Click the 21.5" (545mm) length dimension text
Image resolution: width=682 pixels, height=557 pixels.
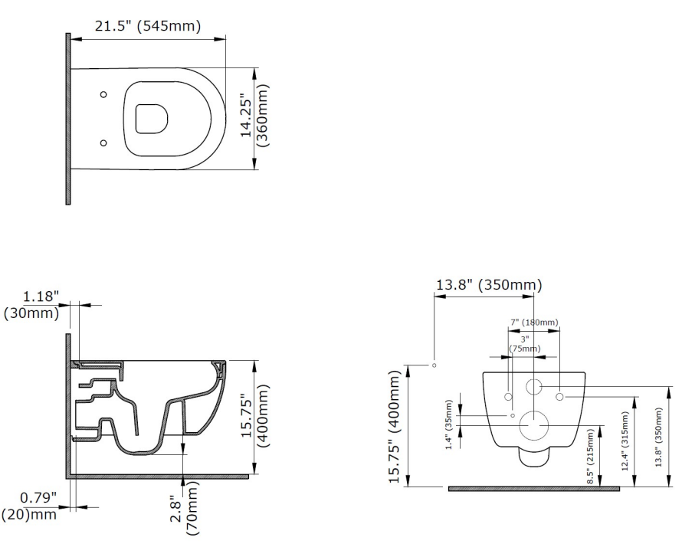(x=147, y=27)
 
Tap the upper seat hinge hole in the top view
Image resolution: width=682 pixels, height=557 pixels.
(x=104, y=94)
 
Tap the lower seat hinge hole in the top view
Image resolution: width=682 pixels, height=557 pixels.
(x=104, y=143)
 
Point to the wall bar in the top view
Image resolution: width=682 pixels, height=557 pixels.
(x=68, y=119)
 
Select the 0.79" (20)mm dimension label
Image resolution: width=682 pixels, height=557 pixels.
(x=31, y=506)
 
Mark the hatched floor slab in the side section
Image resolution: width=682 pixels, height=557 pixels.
(x=161, y=476)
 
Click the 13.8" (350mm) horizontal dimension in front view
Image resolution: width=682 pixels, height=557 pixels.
(x=488, y=286)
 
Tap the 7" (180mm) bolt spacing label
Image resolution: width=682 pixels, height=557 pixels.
(x=534, y=322)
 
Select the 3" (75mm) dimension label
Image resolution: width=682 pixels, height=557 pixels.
(x=524, y=343)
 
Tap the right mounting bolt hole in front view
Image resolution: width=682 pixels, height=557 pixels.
(x=559, y=396)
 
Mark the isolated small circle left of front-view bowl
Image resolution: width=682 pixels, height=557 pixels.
(x=434, y=365)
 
